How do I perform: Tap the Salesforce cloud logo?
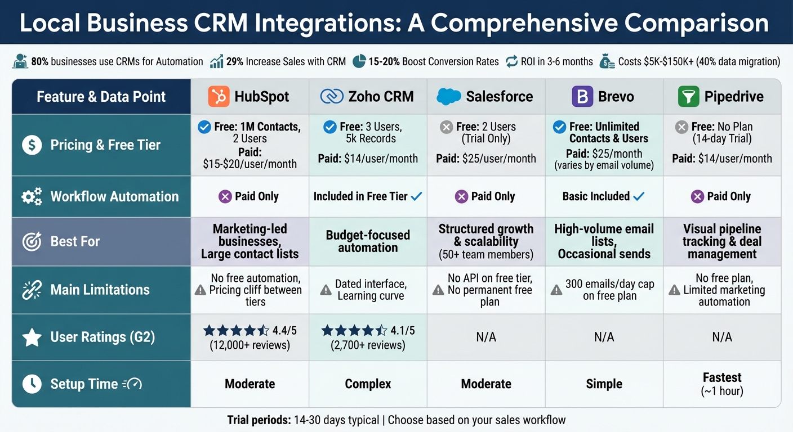(448, 96)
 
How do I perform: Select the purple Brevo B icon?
(582, 96)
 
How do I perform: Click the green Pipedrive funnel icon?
(689, 96)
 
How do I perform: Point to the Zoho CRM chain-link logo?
(331, 96)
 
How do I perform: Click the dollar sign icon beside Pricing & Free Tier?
(32, 145)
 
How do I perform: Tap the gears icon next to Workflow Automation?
(32, 196)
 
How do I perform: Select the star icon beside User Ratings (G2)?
(32, 337)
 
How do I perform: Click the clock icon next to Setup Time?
(32, 384)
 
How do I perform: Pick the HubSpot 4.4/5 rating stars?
(236, 331)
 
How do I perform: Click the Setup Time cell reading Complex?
(368, 384)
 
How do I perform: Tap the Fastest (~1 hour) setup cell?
(722, 384)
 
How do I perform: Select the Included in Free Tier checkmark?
(416, 196)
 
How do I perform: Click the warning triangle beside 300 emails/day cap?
(556, 290)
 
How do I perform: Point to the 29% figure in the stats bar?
(234, 62)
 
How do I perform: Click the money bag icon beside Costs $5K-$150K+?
(607, 61)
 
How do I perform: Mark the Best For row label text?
(75, 242)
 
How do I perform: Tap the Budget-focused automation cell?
(368, 241)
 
